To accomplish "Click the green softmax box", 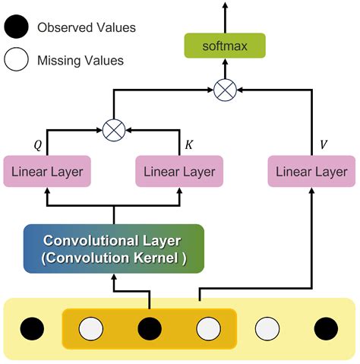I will pyautogui.click(x=225, y=46).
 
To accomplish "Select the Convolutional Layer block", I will pyautogui.click(x=114, y=248).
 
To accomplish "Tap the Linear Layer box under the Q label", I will pyautogui.click(x=47, y=171).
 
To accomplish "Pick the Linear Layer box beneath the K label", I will pyautogui.click(x=179, y=171).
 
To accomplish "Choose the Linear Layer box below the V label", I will pyautogui.click(x=311, y=171).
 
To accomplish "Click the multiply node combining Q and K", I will pyautogui.click(x=114, y=130).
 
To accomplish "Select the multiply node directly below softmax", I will pyautogui.click(x=225, y=90).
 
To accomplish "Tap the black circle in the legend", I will pyautogui.click(x=16, y=28).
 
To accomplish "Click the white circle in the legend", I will pyautogui.click(x=16, y=59).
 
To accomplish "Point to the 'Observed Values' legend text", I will pyautogui.click(x=86, y=28).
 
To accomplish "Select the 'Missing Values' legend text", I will pyautogui.click(x=80, y=59).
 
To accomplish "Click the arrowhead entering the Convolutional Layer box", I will pyautogui.click(x=114, y=287).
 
